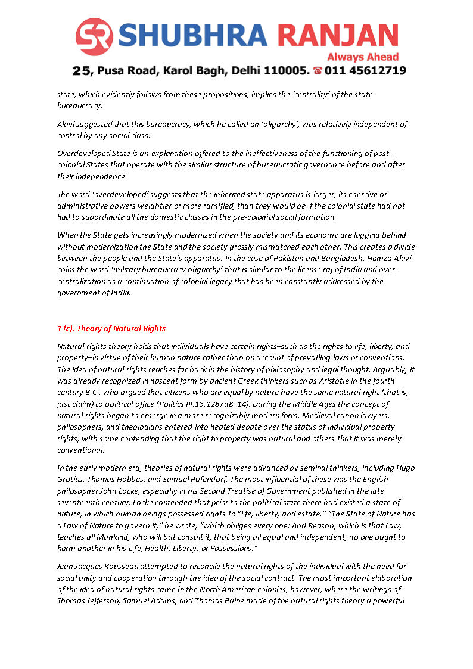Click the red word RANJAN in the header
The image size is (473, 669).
[339, 36]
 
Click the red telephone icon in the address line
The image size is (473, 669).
[318, 71]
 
